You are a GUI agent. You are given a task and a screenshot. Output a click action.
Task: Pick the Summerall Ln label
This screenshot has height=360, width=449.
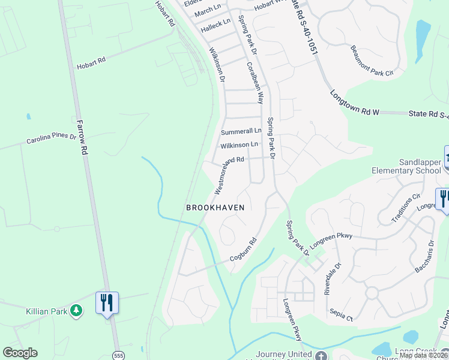pyautogui.click(x=241, y=131)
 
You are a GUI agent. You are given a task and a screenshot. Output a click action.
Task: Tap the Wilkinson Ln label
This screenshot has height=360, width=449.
pyautogui.click(x=239, y=145)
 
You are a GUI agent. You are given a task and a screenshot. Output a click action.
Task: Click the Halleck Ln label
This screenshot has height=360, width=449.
pyautogui.click(x=215, y=25)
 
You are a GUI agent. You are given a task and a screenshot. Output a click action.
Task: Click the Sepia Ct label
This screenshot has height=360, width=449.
pyautogui.click(x=340, y=312)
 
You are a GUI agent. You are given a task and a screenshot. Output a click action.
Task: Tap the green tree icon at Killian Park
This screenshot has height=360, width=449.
pyautogui.click(x=76, y=310)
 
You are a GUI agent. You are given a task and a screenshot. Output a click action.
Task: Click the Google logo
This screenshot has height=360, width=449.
pyautogui.click(x=20, y=353)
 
